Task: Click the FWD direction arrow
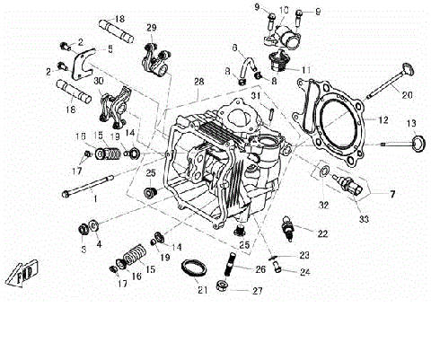[22, 272]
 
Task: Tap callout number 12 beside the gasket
[383, 119]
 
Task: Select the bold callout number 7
[391, 193]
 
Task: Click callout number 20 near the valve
[407, 95]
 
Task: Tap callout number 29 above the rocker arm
[150, 27]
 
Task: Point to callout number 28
[198, 82]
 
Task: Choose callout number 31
[256, 96]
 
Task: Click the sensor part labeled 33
[347, 185]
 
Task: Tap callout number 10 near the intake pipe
[284, 11]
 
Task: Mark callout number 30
[98, 82]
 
